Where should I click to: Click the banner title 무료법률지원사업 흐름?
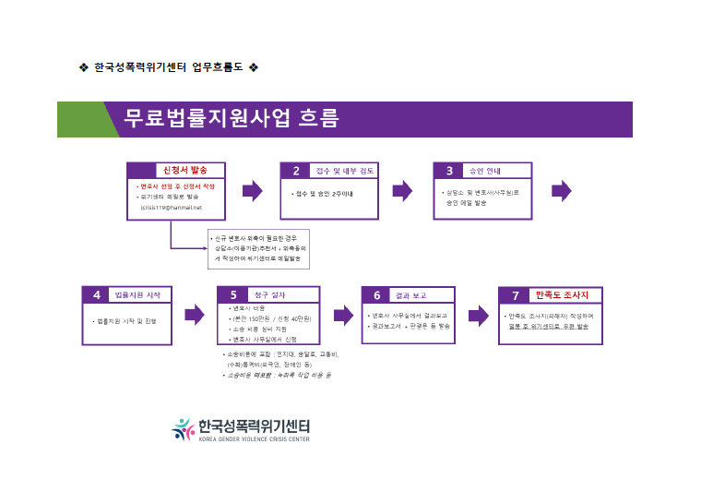[x=232, y=119]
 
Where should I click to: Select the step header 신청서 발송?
[x=184, y=170]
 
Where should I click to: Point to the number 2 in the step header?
[x=296, y=170]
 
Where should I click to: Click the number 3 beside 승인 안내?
[x=449, y=170]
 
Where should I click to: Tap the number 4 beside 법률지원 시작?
[x=96, y=294]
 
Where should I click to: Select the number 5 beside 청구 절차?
[x=233, y=294]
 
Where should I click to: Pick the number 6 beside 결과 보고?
[x=376, y=294]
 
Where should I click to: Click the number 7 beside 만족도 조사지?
[x=515, y=294]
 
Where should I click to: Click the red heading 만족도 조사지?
[x=568, y=294]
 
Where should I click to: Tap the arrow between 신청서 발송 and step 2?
[x=252, y=191]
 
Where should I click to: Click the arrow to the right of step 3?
[x=561, y=191]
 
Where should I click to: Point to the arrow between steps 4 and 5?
[x=194, y=315]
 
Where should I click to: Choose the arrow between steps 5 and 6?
[x=343, y=315]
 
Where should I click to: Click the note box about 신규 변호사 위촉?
[x=258, y=248]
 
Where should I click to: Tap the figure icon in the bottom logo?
[x=183, y=428]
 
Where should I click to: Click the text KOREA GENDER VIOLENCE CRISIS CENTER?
[x=254, y=439]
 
